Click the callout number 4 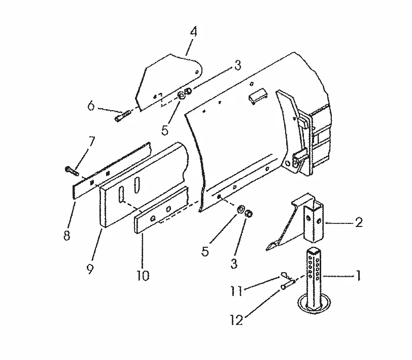click(x=193, y=31)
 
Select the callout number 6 click(x=91, y=106)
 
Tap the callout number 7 click(x=91, y=142)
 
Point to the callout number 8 click(x=67, y=235)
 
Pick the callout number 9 click(x=90, y=269)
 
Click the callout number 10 click(x=143, y=275)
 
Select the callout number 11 click(x=236, y=290)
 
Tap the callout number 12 click(x=236, y=320)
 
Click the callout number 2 click(x=358, y=222)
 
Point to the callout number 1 click(x=358, y=276)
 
